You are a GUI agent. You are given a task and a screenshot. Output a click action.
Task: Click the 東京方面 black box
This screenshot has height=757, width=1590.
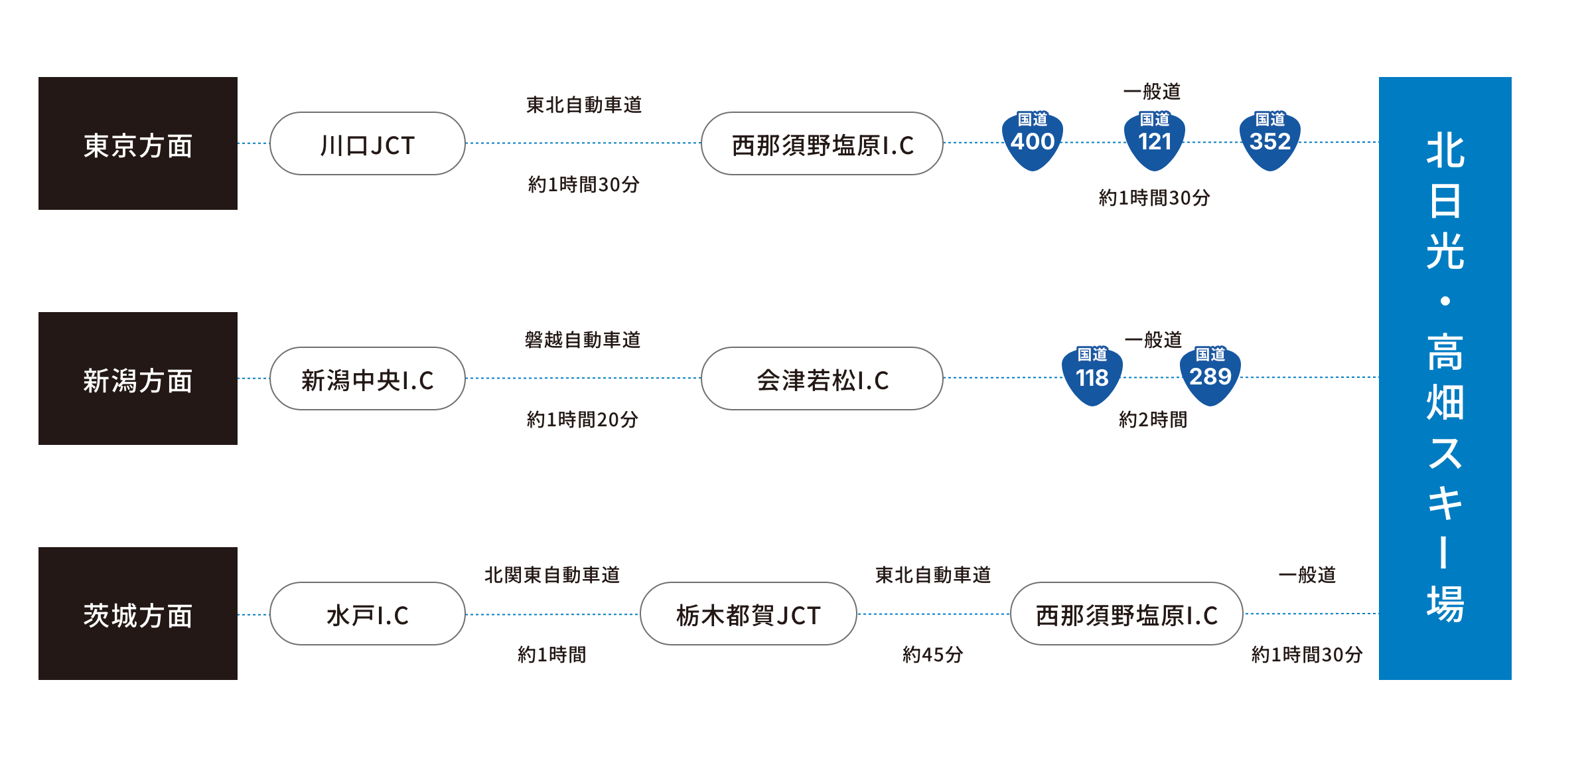pos(137,143)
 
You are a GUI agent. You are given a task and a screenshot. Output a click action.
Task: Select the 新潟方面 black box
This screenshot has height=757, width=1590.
pos(137,378)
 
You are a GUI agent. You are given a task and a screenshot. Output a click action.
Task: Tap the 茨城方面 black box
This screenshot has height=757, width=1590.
pos(137,614)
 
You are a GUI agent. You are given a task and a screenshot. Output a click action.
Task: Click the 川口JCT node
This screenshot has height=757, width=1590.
pos(367,143)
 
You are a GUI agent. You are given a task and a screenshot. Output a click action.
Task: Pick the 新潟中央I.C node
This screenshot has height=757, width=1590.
pos(367,378)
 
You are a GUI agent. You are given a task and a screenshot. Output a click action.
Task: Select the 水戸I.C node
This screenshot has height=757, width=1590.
pos(367,614)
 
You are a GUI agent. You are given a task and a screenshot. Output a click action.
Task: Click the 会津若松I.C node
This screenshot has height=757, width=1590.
pos(822,378)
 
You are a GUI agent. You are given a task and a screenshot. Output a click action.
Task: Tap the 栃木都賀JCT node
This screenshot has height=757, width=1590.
pos(748,614)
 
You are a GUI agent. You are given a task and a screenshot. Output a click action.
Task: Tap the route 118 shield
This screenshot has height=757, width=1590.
pos(1092,376)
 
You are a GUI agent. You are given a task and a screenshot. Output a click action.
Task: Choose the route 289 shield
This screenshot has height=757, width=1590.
pos(1210,376)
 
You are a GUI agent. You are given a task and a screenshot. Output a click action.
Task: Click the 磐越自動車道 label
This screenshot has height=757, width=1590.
pos(582,340)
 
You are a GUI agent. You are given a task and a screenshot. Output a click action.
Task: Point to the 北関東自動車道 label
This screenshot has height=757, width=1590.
pos(551,575)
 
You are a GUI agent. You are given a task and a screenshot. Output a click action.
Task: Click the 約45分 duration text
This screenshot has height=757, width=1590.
pos(932,655)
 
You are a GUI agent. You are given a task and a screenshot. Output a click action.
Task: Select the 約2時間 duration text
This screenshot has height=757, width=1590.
pos(1153,420)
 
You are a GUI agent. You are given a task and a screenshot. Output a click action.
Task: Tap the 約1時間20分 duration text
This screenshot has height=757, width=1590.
pos(582,420)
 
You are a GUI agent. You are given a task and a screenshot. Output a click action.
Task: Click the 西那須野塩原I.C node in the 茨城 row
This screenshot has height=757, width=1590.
pos(1126,614)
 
